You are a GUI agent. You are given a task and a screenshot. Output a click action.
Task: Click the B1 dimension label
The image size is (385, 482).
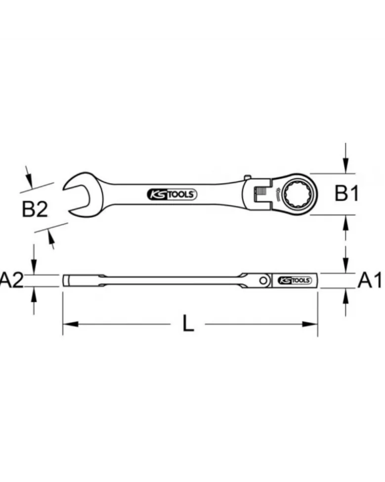(x=346, y=193)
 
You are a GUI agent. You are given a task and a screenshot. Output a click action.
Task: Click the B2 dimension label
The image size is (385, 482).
(x=35, y=209)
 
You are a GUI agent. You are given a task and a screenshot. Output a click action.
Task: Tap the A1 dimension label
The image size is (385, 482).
(x=370, y=280)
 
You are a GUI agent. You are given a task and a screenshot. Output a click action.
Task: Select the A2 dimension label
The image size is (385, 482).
(x=12, y=280)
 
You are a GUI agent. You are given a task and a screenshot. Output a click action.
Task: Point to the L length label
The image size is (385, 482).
(x=188, y=323)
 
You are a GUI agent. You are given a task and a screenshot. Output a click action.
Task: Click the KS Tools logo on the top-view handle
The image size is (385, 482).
(x=172, y=194)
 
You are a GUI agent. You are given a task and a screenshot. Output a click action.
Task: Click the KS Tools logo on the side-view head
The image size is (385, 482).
(x=295, y=281)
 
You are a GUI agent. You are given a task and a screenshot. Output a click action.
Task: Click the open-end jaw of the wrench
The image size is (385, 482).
(x=78, y=193)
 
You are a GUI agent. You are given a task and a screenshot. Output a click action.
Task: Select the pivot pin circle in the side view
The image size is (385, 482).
(x=263, y=281)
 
